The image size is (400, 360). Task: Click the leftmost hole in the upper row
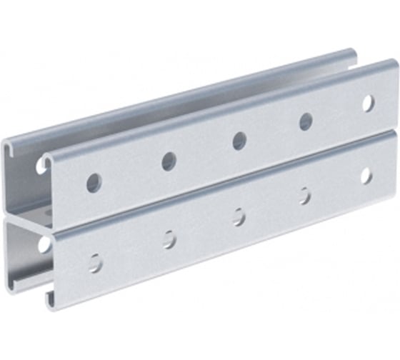pyautogui.click(x=94, y=182)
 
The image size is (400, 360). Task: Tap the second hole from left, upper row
pyautogui.click(x=169, y=161)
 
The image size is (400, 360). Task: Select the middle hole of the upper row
pyautogui.click(x=239, y=141)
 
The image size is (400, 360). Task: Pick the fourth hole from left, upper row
pyautogui.click(x=306, y=121)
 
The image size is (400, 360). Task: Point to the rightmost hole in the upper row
pyautogui.click(x=367, y=103)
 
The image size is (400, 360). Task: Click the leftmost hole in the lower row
pyautogui.click(x=95, y=261)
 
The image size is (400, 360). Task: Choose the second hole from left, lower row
pyautogui.click(x=169, y=239)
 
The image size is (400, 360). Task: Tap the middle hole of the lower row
pyautogui.click(x=239, y=217)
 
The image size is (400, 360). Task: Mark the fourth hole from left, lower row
pyautogui.click(x=305, y=196)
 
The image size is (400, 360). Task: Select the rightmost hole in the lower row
pyautogui.click(x=366, y=176)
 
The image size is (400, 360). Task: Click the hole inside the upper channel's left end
pyautogui.click(x=41, y=166)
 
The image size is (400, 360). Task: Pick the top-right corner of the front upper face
pyautogui.click(x=395, y=64)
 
